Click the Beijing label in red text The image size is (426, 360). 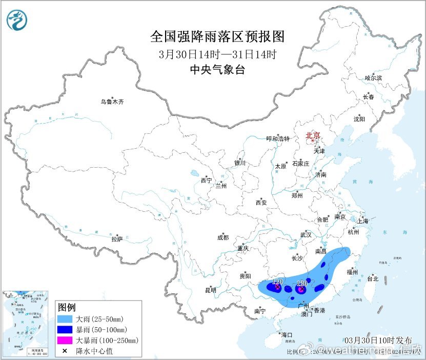[x=313, y=135]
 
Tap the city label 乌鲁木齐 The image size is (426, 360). [x=112, y=102]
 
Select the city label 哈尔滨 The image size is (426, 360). [x=373, y=78]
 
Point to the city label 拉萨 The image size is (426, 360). [x=117, y=238]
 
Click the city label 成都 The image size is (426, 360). [x=223, y=237]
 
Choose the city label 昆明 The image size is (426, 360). [x=211, y=290]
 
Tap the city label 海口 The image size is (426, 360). [x=287, y=335]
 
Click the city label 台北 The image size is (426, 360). [x=373, y=279]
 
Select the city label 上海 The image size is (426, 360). [x=363, y=221]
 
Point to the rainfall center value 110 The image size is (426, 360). [x=277, y=282]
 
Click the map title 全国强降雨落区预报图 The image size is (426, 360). [x=217, y=37]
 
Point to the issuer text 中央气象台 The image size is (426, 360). [x=217, y=70]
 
